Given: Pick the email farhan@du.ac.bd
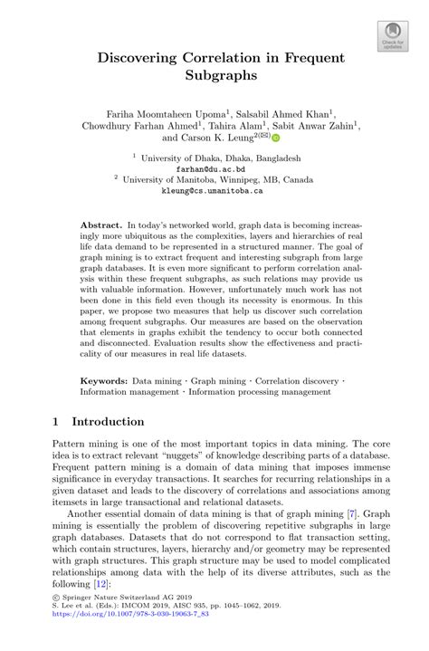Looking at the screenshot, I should [214, 169].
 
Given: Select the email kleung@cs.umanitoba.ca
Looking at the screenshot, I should [214, 192].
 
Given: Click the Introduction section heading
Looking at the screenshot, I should [108, 422].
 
